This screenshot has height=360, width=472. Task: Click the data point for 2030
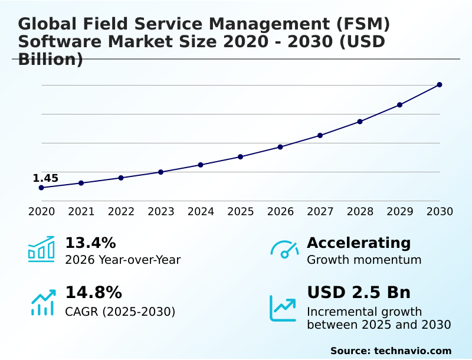[x=440, y=85]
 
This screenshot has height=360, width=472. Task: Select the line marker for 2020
[x=41, y=188]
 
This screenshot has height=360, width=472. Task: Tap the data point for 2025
[x=240, y=157]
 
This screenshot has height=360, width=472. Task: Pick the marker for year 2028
[x=360, y=122]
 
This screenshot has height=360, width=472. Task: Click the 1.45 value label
[x=45, y=178]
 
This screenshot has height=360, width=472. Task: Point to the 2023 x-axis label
[x=161, y=212]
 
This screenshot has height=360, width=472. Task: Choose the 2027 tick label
[x=320, y=212]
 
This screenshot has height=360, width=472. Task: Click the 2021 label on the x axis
[x=81, y=212]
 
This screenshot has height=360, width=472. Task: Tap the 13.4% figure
[x=90, y=243]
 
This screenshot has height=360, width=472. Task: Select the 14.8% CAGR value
[x=93, y=293]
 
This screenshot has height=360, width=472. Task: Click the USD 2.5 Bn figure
[x=359, y=293]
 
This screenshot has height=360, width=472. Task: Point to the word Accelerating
[x=359, y=243]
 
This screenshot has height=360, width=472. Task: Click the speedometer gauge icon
[x=284, y=250]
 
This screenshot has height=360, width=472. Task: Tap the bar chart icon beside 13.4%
[x=41, y=249]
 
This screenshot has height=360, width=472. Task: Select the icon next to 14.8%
[x=43, y=302]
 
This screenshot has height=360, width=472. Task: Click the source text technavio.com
[x=391, y=351]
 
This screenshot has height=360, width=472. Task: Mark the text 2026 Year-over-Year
[x=123, y=260]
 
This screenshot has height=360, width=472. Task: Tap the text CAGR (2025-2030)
[x=120, y=312]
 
